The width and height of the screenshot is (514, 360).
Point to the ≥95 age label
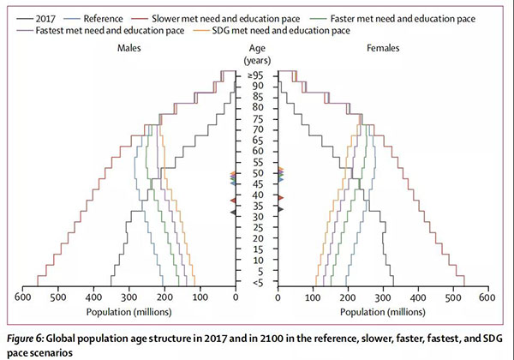256,75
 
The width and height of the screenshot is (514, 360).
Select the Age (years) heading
256,54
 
